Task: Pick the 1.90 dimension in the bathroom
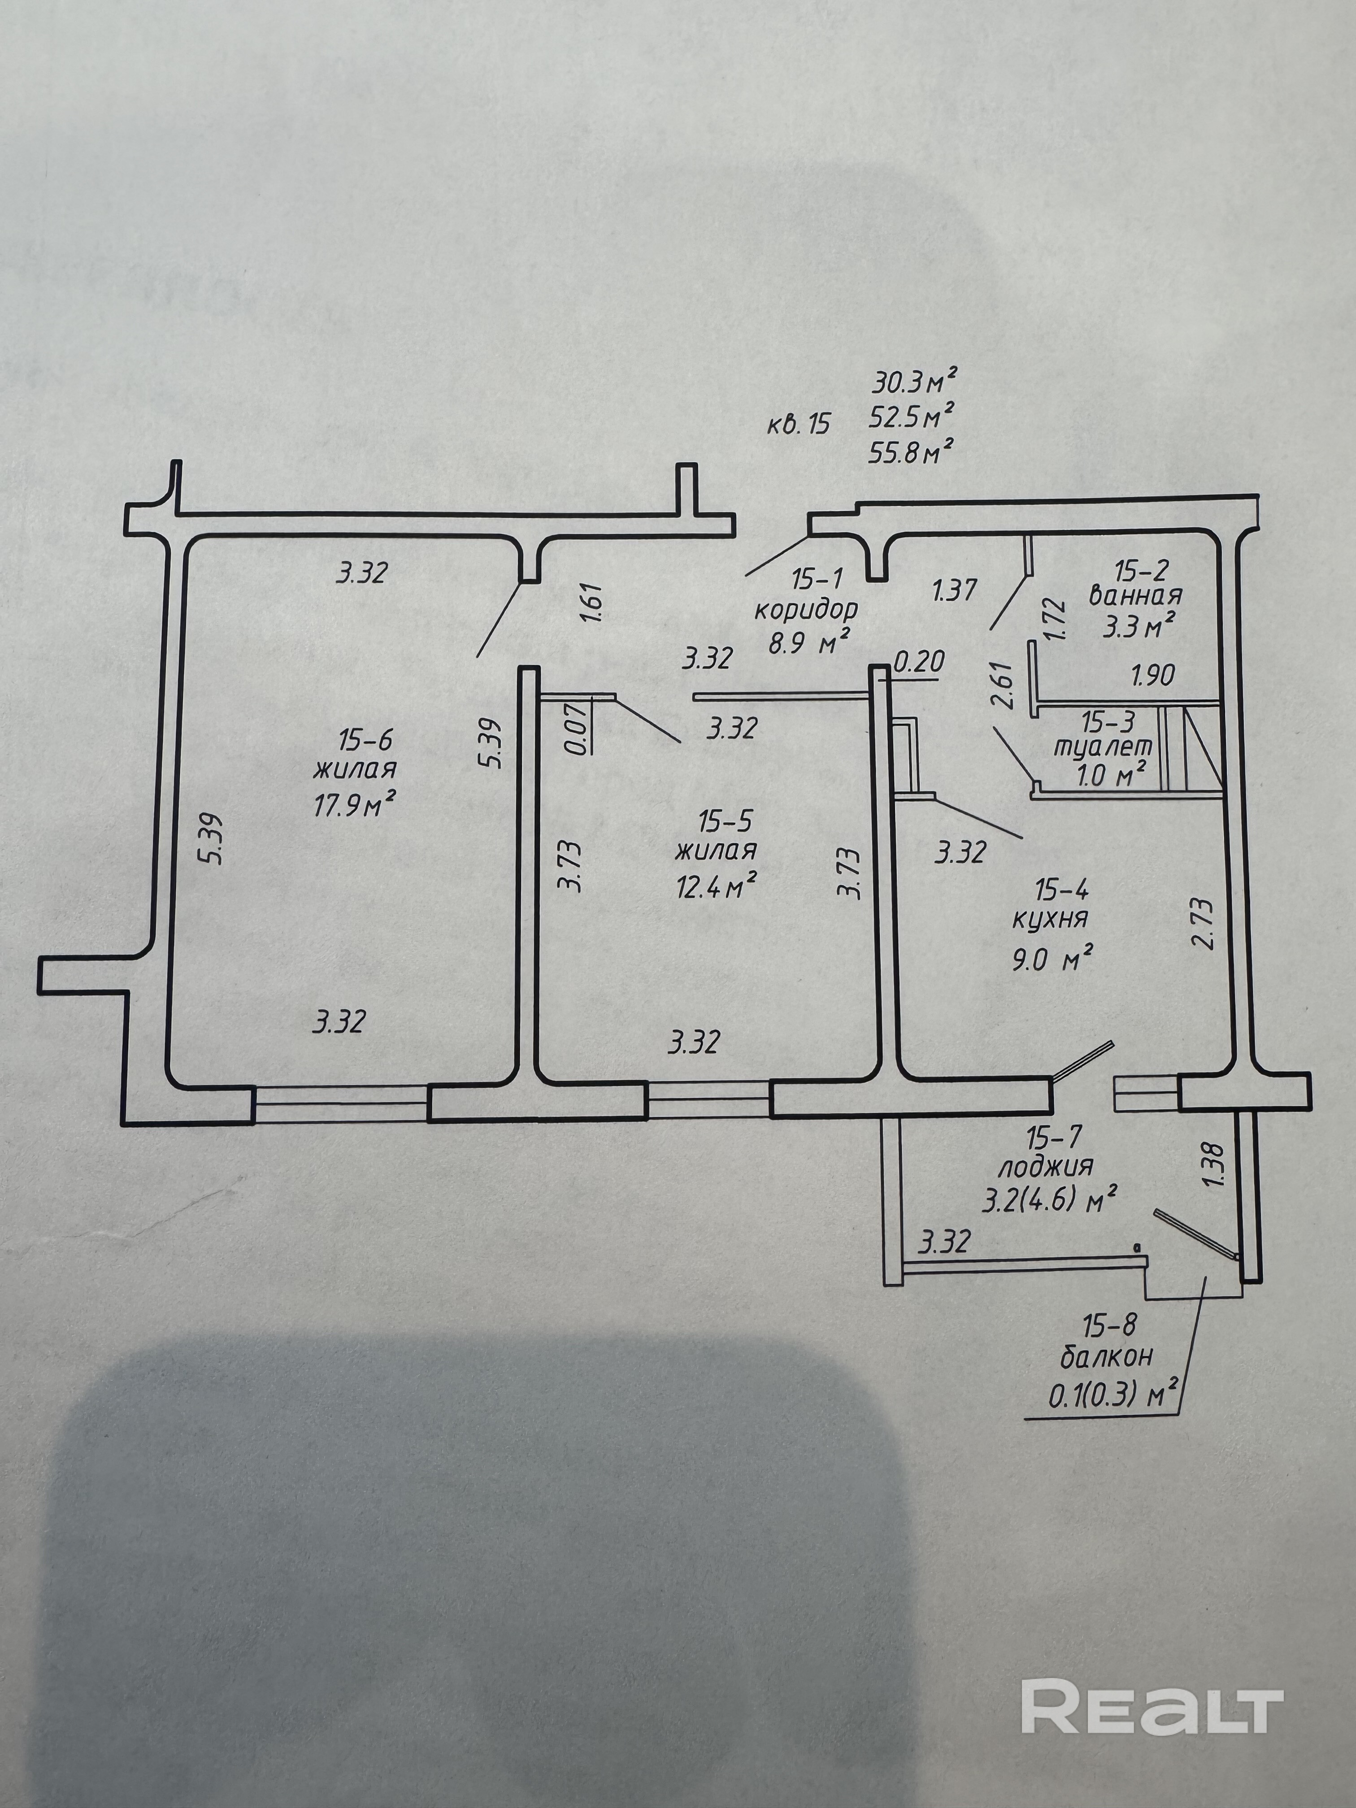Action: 1152,675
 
